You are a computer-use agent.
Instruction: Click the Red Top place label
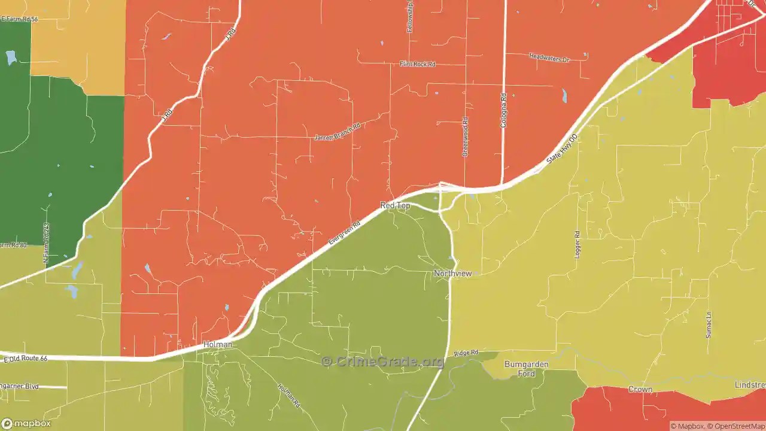(395, 205)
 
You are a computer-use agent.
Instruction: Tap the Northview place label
(452, 274)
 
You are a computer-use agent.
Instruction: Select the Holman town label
(217, 344)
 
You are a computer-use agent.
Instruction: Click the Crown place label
(640, 389)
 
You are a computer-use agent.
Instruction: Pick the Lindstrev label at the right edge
(750, 385)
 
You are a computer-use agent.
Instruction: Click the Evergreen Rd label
(344, 233)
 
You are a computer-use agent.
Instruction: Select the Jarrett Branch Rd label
(338, 132)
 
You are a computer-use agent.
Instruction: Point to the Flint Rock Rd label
(417, 64)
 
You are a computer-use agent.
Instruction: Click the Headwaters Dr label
(549, 58)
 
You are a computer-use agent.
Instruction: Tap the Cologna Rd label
(503, 110)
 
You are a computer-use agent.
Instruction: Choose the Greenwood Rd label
(465, 137)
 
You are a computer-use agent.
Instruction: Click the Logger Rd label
(577, 244)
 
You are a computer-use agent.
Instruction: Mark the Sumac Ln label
(709, 324)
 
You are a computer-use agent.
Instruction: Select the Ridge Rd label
(466, 354)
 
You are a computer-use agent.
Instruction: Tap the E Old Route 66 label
(25, 359)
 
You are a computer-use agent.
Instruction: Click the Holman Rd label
(288, 396)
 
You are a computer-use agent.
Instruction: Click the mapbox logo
(26, 423)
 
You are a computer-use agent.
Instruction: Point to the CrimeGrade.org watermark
(383, 362)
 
